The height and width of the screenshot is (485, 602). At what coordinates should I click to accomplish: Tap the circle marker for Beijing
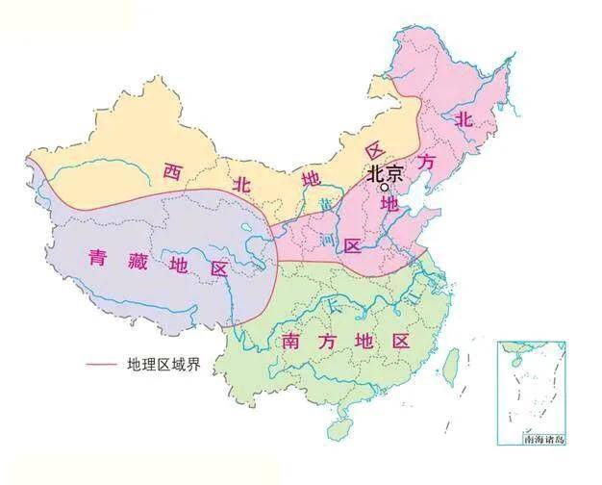(387, 187)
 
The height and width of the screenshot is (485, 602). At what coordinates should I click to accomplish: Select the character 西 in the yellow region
(172, 172)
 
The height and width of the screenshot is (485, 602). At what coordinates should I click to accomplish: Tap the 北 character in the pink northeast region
(464, 119)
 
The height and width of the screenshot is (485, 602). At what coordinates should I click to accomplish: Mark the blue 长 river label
(334, 305)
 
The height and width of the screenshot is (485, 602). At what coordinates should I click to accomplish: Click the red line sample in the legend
(102, 366)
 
